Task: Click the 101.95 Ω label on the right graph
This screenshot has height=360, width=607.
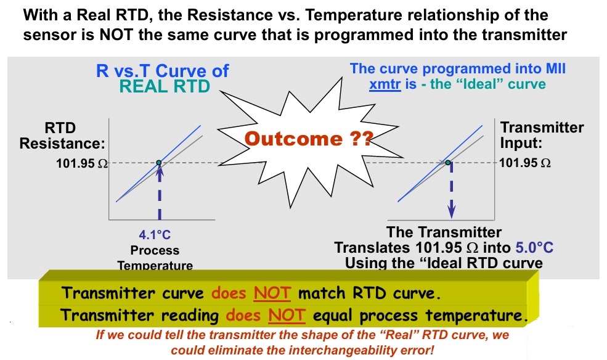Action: click(x=525, y=163)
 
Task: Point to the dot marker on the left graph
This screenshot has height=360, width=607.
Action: click(x=159, y=163)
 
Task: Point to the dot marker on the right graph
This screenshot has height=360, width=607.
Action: click(x=449, y=163)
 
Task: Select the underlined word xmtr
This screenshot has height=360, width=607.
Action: click(x=385, y=84)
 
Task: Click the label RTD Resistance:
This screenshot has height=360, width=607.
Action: click(x=62, y=136)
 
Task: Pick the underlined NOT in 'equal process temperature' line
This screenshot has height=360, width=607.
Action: click(x=287, y=316)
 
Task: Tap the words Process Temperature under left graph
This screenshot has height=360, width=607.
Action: click(x=155, y=258)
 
